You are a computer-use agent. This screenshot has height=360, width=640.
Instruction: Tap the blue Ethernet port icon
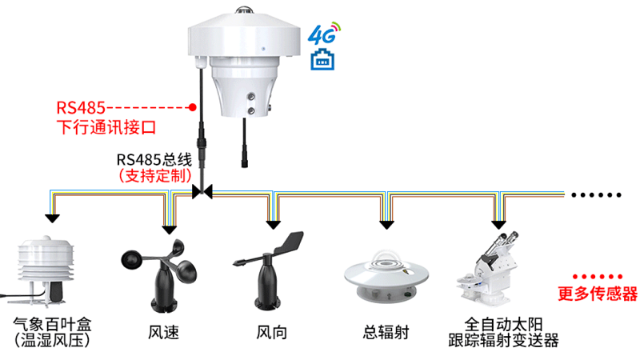coord(323,58)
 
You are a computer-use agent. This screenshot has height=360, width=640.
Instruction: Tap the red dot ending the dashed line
coord(192,106)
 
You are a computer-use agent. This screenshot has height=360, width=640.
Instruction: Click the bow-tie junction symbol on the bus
coord(202,191)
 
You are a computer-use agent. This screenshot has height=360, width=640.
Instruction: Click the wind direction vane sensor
coord(268,272)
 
